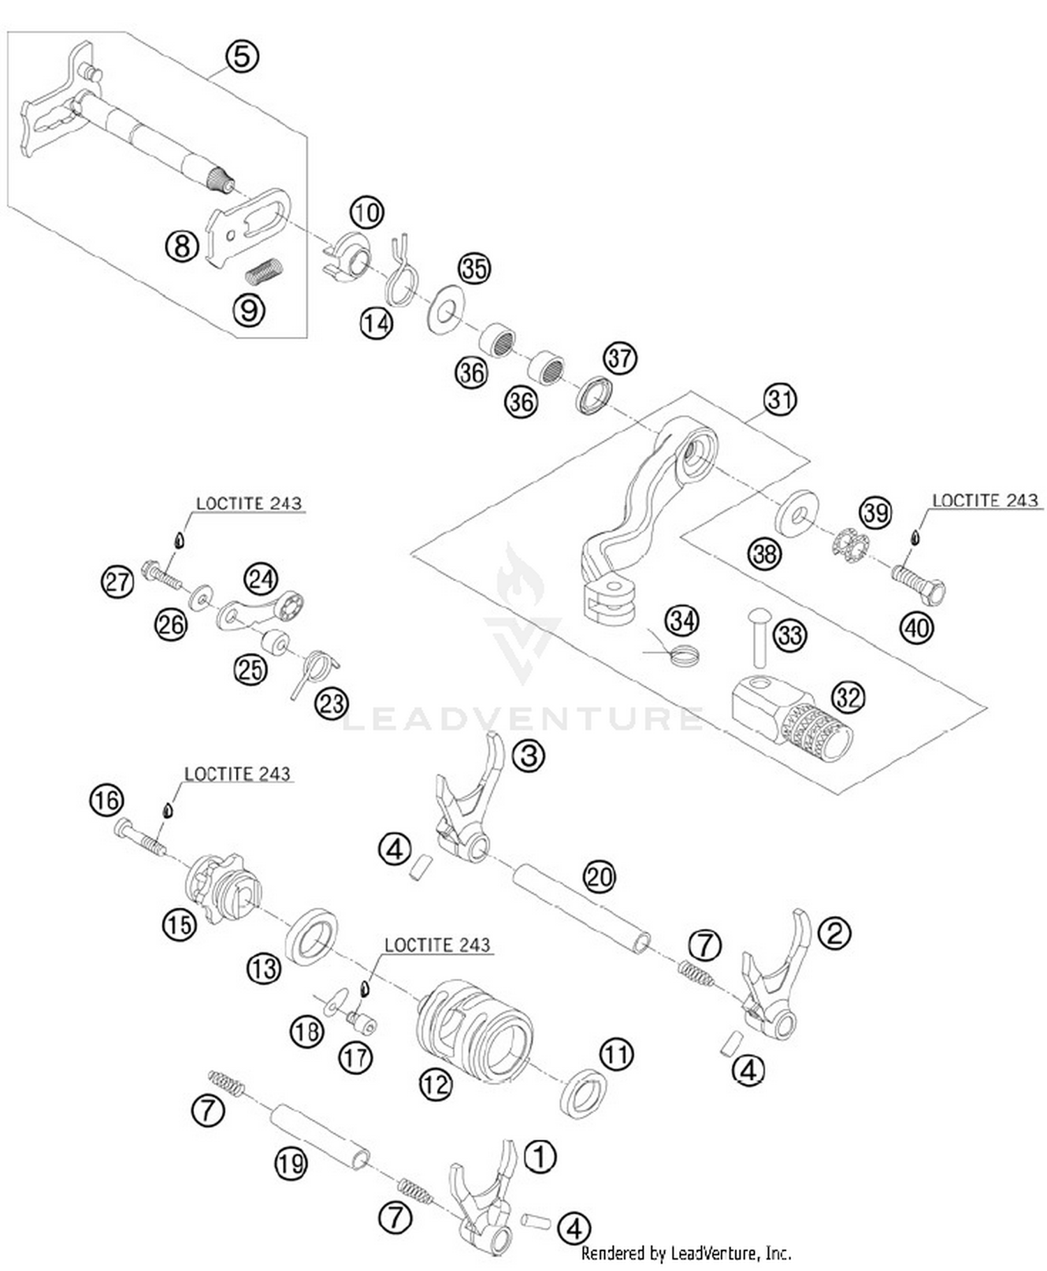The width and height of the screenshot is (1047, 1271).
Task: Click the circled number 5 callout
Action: click(242, 56)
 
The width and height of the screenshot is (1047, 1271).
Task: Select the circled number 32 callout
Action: click(848, 697)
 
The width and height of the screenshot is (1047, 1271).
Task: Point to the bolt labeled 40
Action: click(919, 585)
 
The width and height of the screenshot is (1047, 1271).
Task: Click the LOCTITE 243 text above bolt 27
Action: click(248, 503)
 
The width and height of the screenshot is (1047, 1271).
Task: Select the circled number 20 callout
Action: click(600, 876)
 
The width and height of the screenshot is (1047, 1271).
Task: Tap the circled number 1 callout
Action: click(540, 1157)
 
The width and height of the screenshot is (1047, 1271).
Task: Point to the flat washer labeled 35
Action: click(445, 306)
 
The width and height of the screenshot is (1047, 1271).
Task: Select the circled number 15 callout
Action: click(179, 925)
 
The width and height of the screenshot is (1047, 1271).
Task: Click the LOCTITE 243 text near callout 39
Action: click(985, 500)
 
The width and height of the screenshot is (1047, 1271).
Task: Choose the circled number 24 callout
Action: click(260, 578)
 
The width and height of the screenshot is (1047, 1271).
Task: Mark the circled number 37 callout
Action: click(620, 358)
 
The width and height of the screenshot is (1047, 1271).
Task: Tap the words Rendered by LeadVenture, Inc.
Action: click(686, 1253)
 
